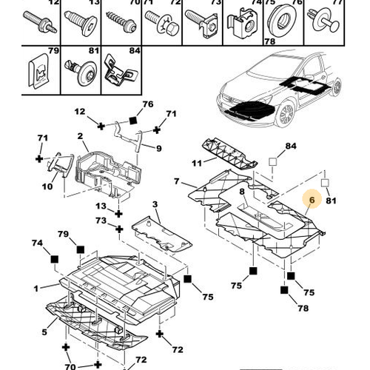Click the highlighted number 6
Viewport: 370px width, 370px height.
(312, 200)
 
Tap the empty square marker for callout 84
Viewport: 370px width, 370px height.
(272, 162)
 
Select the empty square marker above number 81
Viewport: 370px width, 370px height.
(325, 183)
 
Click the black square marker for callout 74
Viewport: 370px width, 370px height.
(55, 259)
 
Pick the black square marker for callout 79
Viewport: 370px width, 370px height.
(81, 249)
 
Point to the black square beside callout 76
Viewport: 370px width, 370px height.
(133, 120)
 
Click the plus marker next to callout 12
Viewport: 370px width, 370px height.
(101, 127)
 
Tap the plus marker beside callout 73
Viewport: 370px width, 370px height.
(119, 229)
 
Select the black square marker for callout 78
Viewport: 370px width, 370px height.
(284, 290)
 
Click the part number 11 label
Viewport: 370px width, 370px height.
(197, 163)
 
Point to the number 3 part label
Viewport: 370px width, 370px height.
(155, 204)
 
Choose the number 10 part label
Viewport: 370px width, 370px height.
(47, 186)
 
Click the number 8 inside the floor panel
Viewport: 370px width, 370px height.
(242, 192)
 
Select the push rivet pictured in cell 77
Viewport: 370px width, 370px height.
(324, 20)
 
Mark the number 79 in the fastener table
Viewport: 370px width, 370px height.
(53, 50)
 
